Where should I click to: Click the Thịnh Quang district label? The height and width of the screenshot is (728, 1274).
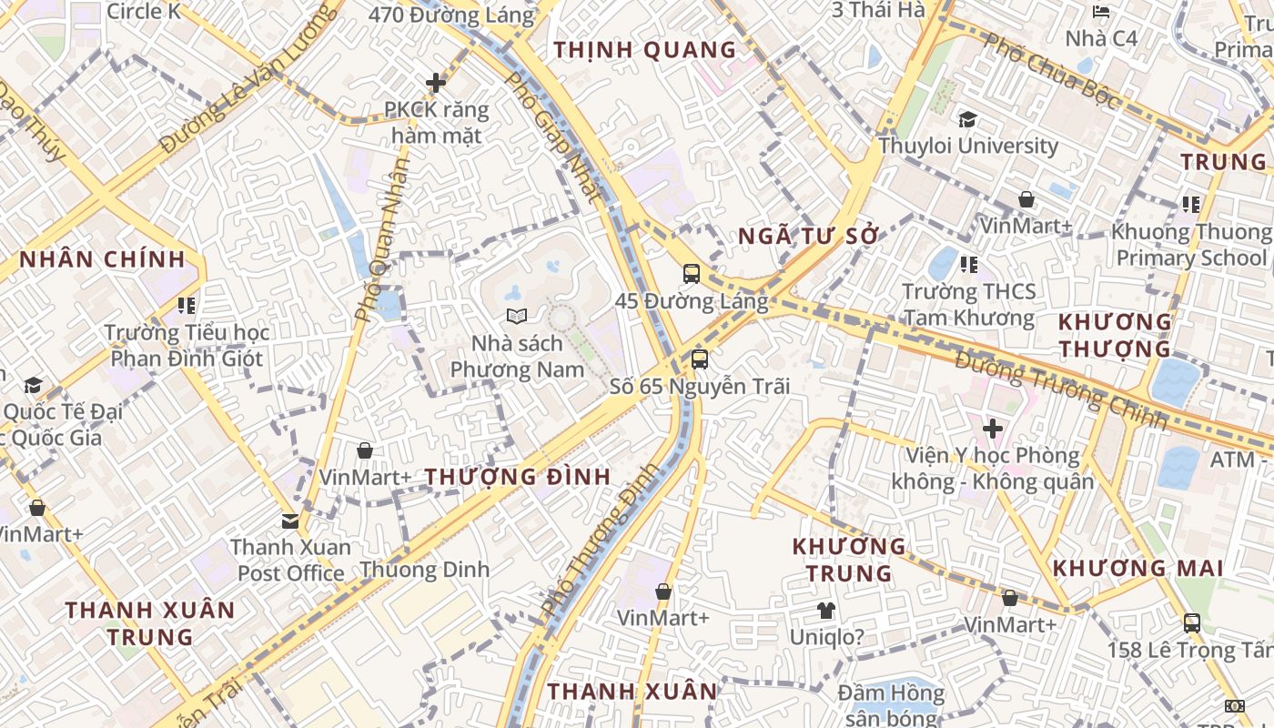644,50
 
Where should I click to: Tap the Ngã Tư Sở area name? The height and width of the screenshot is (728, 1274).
808,237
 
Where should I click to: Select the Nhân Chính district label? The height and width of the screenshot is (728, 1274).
102,259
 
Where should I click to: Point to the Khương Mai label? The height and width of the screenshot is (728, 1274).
1137,569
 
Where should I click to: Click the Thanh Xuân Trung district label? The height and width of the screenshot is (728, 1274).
150,622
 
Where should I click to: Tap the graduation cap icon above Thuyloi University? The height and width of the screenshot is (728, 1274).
967,119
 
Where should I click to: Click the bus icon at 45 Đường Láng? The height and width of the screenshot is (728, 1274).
692,273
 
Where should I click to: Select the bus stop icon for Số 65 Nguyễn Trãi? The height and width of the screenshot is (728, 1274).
699,359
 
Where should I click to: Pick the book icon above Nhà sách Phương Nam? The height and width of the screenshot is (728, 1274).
517,317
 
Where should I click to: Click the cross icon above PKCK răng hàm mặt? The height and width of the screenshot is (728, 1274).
436,83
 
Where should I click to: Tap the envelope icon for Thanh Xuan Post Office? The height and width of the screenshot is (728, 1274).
290,521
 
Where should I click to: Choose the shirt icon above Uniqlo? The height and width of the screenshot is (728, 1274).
825,610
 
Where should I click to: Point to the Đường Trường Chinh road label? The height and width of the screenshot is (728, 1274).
1060,390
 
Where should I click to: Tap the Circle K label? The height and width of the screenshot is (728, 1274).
144,12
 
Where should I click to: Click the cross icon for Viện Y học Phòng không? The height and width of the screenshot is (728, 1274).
993,428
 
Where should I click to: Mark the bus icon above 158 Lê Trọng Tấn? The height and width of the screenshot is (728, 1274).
1191,623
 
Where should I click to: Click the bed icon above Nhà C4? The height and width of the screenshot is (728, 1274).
1100,12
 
